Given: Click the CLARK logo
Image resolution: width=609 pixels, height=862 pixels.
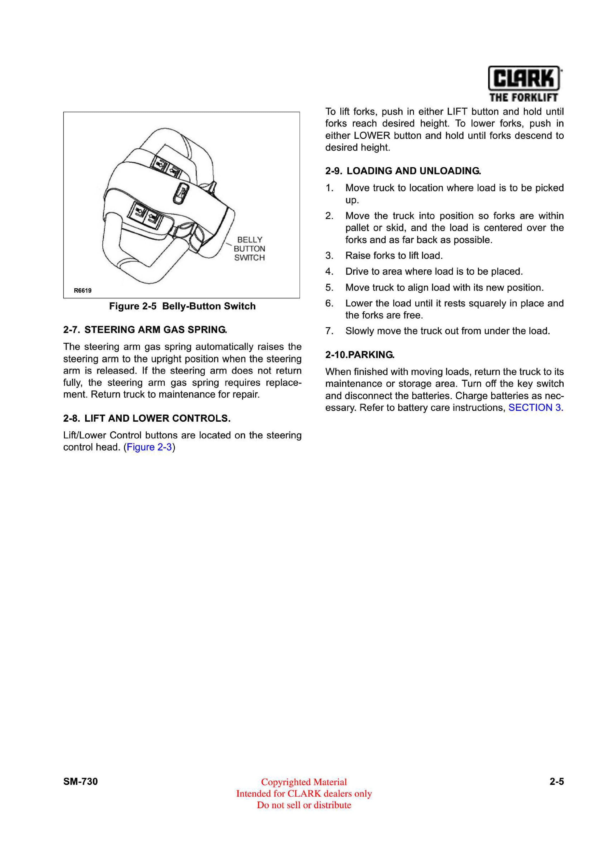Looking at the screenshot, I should click(x=524, y=78).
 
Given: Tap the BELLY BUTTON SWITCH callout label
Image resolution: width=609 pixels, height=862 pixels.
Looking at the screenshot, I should click(x=249, y=248).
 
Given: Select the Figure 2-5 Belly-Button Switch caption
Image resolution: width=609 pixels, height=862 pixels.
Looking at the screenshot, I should click(x=182, y=306).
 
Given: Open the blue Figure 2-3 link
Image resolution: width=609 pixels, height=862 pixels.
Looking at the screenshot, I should click(x=149, y=447).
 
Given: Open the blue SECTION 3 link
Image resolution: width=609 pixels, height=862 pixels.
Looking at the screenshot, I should click(x=536, y=408).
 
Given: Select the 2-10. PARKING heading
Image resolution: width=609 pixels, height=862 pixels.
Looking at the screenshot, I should click(x=360, y=355).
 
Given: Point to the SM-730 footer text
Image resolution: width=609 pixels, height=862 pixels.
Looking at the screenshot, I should click(x=80, y=781).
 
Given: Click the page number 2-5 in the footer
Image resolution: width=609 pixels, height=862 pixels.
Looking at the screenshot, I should click(x=556, y=781).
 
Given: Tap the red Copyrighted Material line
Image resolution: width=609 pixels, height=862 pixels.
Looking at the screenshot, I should click(x=304, y=782).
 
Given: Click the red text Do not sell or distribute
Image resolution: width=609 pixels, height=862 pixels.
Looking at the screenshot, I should click(x=304, y=805).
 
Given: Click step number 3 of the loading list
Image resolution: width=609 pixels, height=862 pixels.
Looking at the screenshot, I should click(x=329, y=256).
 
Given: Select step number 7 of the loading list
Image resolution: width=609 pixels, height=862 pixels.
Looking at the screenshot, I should click(x=329, y=331).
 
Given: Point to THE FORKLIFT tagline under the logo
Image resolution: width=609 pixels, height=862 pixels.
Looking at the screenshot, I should click(x=524, y=98).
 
